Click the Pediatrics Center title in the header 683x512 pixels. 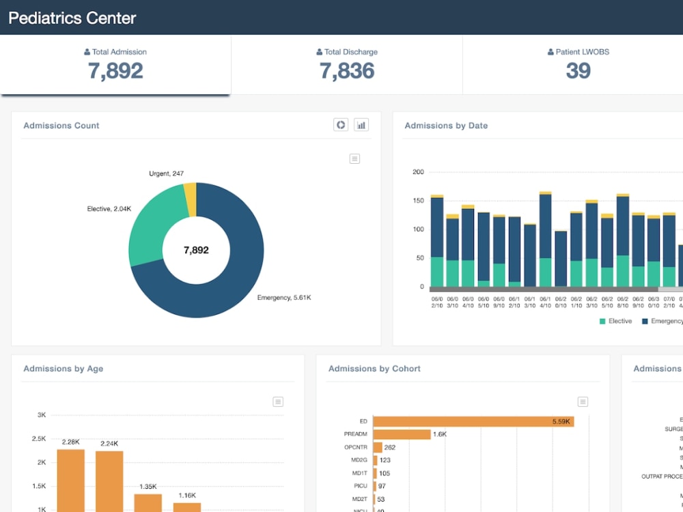tap(72, 18)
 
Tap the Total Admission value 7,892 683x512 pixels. tap(115, 71)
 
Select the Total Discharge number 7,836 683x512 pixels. tap(347, 71)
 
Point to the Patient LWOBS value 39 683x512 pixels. tap(578, 71)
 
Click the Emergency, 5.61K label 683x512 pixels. tap(284, 298)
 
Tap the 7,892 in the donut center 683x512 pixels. tap(196, 251)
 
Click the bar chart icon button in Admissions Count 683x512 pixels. tap(361, 125)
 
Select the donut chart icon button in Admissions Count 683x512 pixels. tap(341, 125)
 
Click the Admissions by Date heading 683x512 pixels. tap(446, 126)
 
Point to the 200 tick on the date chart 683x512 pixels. tap(418, 172)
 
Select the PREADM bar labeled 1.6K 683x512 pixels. tap(402, 435)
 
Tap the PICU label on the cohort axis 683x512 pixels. tap(360, 486)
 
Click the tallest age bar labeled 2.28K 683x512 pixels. tap(71, 478)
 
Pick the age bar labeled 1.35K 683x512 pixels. tap(148, 502)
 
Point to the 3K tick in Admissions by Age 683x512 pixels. tap(42, 415)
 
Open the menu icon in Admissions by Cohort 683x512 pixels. tap(583, 401)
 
